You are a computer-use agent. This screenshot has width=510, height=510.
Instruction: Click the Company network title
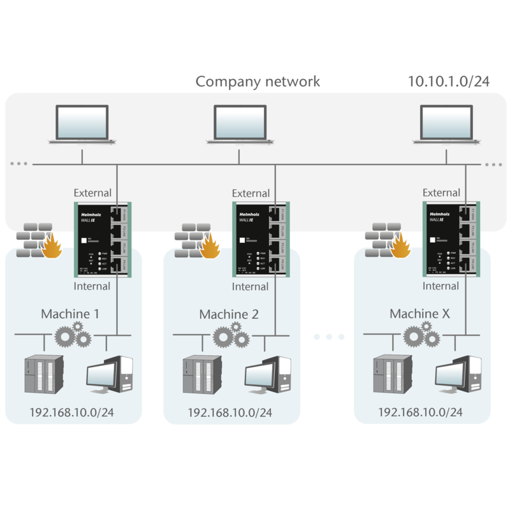click(258, 82)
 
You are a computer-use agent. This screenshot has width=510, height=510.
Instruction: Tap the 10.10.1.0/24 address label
click(449, 81)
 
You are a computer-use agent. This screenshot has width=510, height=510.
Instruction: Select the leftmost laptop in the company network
click(82, 124)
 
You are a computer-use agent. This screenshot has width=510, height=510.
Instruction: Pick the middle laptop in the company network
click(240, 124)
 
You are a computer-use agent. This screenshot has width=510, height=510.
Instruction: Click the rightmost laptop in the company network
click(447, 124)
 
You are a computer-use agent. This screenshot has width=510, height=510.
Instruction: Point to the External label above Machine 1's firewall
click(92, 193)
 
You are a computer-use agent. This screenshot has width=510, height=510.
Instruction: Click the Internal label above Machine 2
click(250, 287)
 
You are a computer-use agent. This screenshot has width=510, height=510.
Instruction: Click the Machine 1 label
click(70, 314)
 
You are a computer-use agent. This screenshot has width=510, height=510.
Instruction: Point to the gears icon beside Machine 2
click(230, 333)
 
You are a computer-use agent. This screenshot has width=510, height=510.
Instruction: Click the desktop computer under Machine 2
click(267, 375)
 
